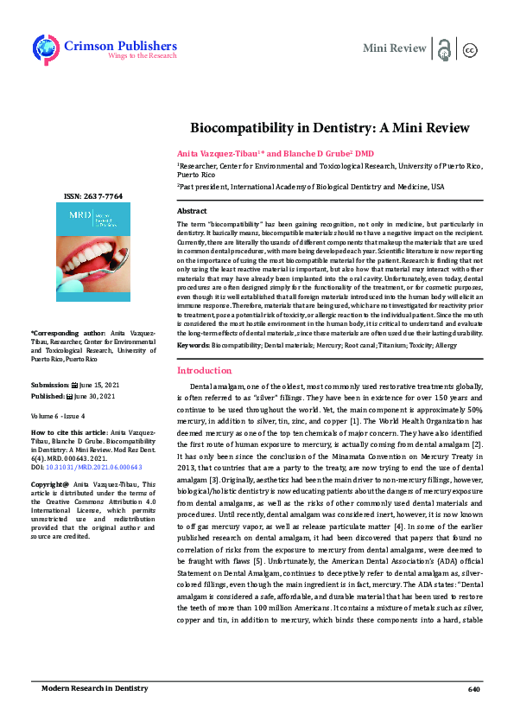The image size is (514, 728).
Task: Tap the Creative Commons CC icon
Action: click(x=471, y=49)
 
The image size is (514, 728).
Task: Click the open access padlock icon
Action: click(x=444, y=49)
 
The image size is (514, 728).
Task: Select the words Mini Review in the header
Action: click(x=395, y=48)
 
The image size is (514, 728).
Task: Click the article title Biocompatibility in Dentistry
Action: click(x=330, y=127)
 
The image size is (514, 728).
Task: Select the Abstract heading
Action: click(x=192, y=211)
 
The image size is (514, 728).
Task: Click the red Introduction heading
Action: click(x=204, y=370)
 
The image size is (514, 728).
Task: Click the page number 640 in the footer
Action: click(x=473, y=689)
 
